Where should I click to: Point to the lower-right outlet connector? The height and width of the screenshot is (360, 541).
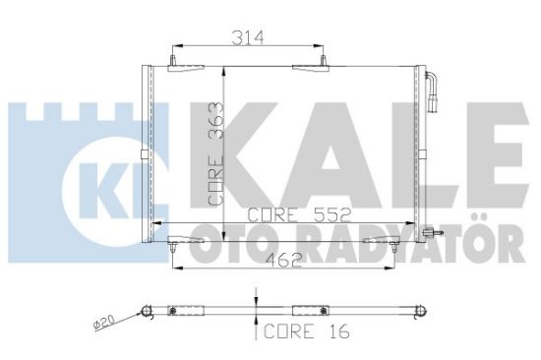430,234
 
